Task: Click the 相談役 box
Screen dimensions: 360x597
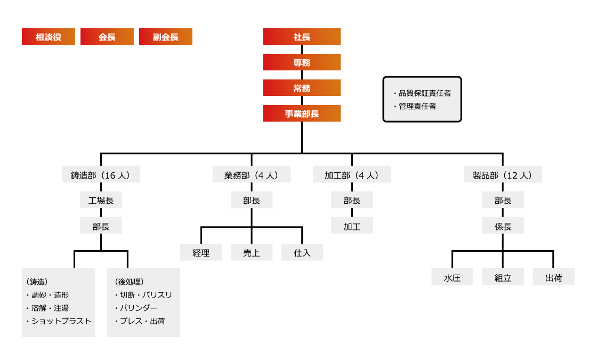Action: (49, 37)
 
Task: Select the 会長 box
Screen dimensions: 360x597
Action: (107, 37)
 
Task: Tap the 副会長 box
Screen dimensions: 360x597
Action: (165, 37)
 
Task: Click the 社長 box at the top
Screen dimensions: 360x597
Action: (302, 37)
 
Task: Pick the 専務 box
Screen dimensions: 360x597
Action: (302, 62)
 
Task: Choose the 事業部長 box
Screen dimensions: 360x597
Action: (302, 114)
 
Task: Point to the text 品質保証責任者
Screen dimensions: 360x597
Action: (425, 93)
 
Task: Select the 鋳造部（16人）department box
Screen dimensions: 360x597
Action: (101, 175)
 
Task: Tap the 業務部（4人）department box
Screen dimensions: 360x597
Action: (252, 175)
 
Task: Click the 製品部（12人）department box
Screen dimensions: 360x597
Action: (503, 175)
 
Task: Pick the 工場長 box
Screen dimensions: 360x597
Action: (101, 201)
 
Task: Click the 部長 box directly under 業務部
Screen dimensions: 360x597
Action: (252, 201)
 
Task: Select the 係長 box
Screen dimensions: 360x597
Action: (503, 226)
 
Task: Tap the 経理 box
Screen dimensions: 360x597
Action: (201, 253)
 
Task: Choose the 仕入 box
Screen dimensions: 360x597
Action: (302, 253)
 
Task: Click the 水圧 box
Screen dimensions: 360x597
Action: (452, 278)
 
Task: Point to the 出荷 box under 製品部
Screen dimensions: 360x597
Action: (553, 278)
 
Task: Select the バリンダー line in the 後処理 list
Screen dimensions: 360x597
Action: (138, 308)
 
